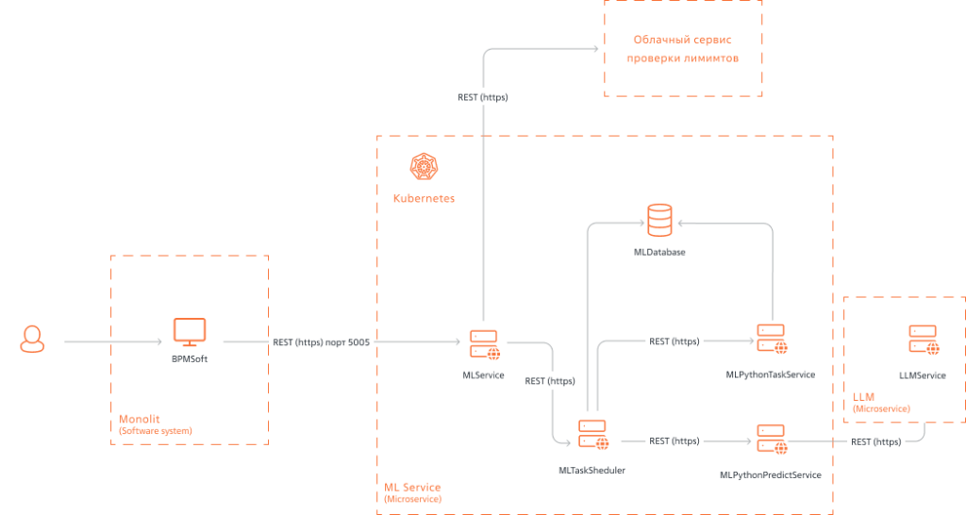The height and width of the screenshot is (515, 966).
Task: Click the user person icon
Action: [x=32, y=339]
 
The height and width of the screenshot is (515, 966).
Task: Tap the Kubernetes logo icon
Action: [x=424, y=166]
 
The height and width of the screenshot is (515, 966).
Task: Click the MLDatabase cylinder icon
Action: [x=659, y=221]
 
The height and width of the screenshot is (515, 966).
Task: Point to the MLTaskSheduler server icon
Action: [x=593, y=435]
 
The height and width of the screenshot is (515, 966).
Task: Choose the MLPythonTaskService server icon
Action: [x=772, y=340]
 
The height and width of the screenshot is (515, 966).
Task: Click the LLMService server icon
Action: [x=924, y=341]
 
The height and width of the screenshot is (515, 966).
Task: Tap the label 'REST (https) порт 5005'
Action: [x=322, y=341]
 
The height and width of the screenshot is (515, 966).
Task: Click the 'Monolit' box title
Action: [x=140, y=419]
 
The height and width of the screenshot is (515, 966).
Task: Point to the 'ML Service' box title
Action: [x=412, y=488]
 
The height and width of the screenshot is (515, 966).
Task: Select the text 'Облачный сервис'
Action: [x=683, y=40]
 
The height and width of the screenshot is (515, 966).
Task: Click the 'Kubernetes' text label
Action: [x=424, y=198]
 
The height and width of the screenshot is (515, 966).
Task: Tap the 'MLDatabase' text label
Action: [x=659, y=252]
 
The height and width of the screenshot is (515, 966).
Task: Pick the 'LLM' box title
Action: [x=864, y=397]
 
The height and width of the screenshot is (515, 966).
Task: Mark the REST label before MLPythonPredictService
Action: [x=674, y=441]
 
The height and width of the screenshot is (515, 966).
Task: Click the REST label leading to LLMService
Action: [x=876, y=441]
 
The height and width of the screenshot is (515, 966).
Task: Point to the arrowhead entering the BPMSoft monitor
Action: [x=159, y=341]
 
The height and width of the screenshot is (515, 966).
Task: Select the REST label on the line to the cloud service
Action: [x=483, y=97]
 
